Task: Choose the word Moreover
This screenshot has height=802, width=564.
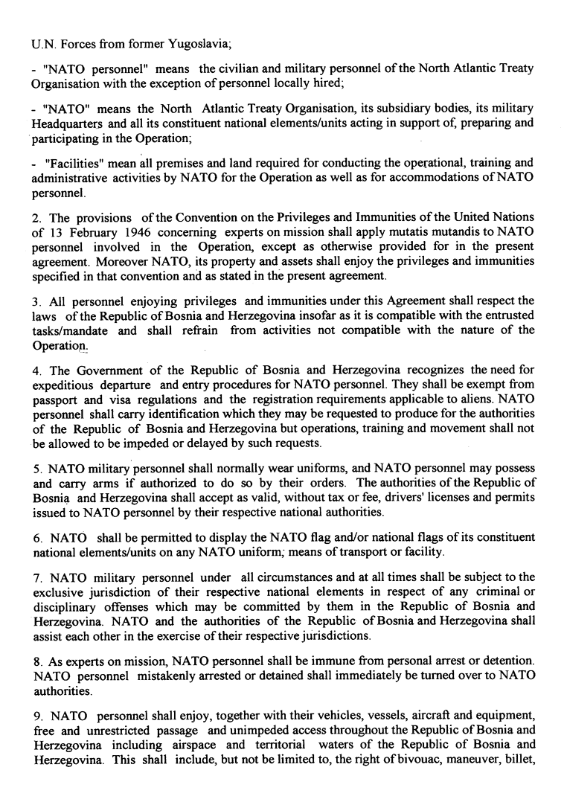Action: tap(111, 260)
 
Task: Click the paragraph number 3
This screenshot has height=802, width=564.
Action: tap(36, 301)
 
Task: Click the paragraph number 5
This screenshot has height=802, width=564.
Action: tap(36, 469)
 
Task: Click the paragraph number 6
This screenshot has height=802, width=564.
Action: tap(36, 538)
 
